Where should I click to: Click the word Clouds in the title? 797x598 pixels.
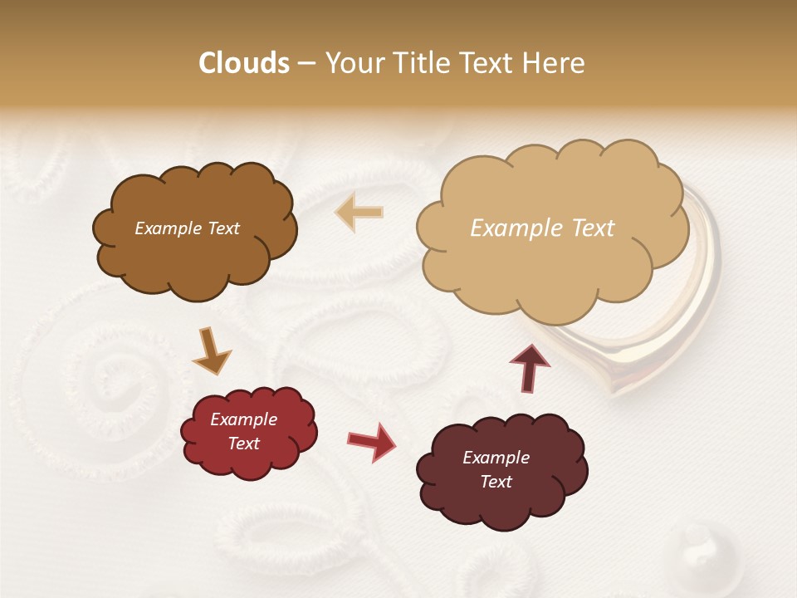point(244,63)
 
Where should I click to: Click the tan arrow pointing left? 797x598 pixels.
point(359,213)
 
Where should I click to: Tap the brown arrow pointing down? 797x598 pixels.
point(212,350)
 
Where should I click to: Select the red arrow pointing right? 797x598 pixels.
point(371,441)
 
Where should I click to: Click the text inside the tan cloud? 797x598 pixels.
point(542,228)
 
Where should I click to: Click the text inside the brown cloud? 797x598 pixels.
point(187,228)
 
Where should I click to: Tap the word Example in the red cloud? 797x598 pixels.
point(243,419)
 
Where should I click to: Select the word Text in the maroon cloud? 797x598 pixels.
point(496,482)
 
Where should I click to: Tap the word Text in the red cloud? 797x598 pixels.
point(243,444)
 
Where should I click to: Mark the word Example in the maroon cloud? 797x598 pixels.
point(496,458)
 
